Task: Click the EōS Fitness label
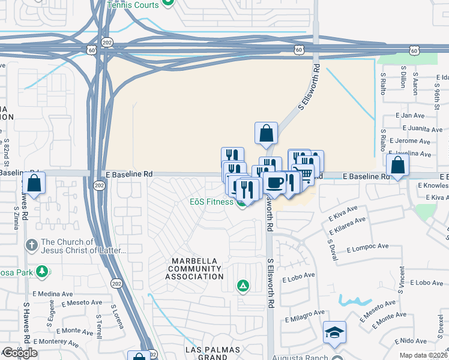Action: pos(212,202)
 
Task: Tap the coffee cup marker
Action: pos(274,182)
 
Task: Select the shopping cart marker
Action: pos(306,173)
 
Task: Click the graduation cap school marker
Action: pos(334,332)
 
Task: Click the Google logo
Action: pos(20,353)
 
